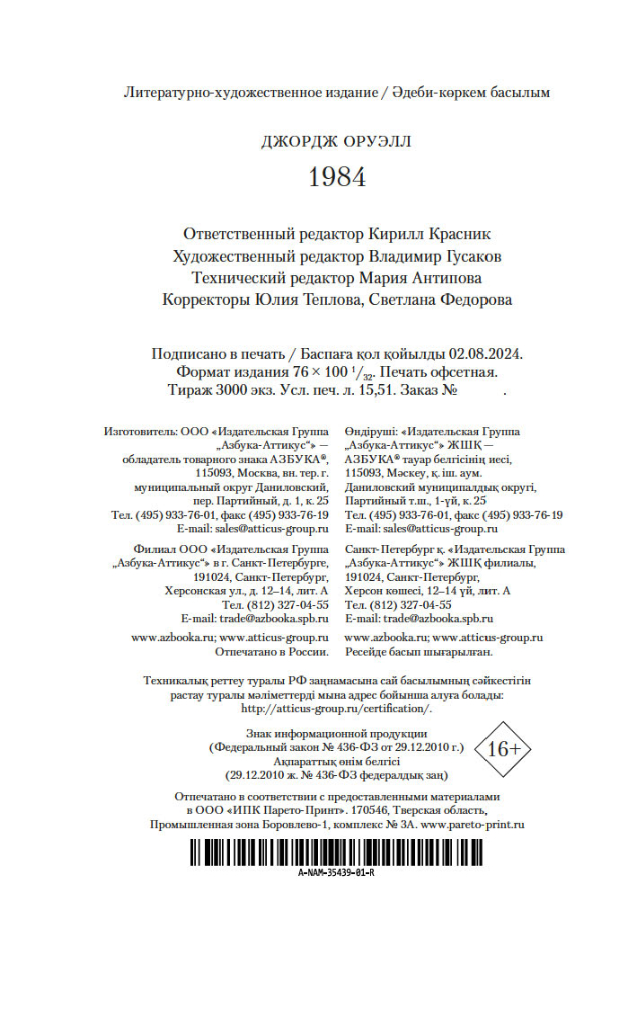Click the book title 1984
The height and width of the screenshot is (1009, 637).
337,177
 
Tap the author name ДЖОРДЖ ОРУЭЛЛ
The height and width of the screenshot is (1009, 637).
337,141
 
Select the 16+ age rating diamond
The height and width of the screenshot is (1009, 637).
503,748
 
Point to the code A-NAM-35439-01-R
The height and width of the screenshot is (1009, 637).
336,873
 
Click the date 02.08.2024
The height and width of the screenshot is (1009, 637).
489,353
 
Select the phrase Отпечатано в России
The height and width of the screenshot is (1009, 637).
273,651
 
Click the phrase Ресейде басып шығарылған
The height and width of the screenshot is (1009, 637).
419,651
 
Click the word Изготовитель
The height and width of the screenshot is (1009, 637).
140,432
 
